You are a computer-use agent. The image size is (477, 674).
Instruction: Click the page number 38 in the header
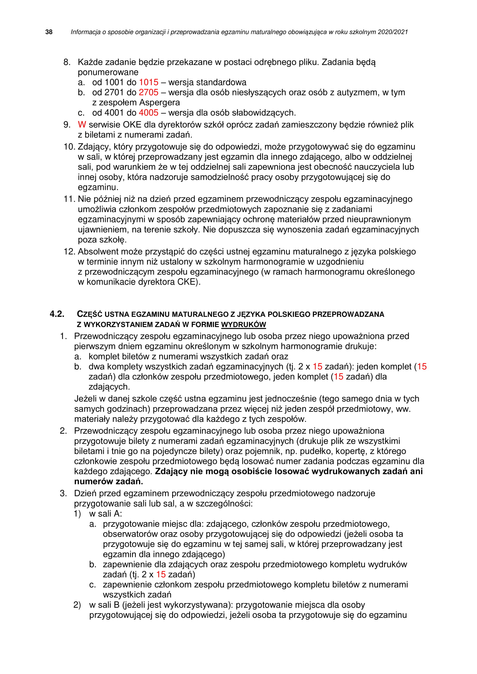coord(49,32)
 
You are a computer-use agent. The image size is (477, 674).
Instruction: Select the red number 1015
coord(148,82)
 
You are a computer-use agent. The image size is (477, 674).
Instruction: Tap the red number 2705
coord(148,92)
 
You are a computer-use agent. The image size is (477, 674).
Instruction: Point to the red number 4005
coord(148,113)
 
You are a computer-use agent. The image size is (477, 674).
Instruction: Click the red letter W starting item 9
coord(82,125)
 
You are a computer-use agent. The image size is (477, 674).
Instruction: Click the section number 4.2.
coord(57,314)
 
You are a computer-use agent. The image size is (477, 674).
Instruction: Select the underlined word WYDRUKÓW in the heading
coord(243,325)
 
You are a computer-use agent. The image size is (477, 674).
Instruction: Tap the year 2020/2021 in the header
coord(393,32)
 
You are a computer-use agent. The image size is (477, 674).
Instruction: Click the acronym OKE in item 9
coord(132,125)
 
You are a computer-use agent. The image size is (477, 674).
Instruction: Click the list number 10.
coord(70,147)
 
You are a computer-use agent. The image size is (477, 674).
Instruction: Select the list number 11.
coord(70,199)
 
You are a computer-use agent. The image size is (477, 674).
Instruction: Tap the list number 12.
coord(70,252)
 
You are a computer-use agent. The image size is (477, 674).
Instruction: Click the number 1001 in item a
coord(114,82)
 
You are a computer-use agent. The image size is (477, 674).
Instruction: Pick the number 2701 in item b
coord(114,92)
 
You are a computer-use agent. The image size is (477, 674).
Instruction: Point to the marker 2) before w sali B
coord(77,605)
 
